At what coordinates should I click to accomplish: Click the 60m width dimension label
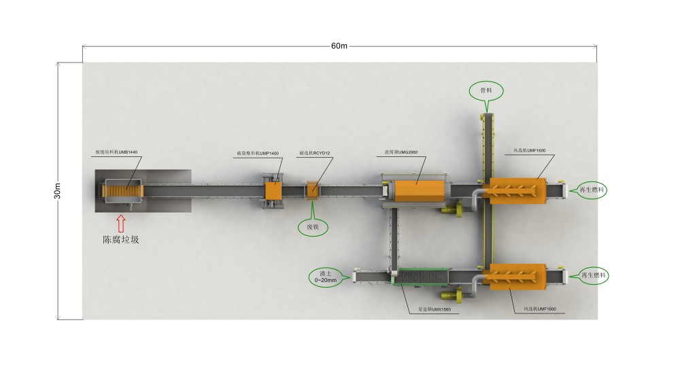click(339, 46)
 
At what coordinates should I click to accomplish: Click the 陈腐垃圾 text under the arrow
click(120, 240)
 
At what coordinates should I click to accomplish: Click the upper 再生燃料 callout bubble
click(589, 191)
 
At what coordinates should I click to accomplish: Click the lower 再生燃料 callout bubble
click(589, 275)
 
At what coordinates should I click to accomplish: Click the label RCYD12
click(314, 154)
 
